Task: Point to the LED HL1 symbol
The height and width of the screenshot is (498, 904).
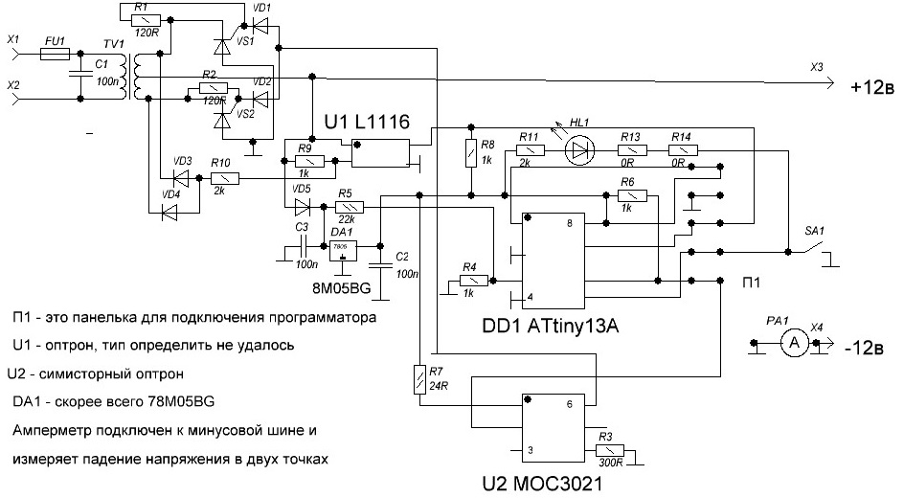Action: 579,150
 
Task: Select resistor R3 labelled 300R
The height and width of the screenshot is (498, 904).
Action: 609,450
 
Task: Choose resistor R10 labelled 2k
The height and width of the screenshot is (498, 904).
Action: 222,179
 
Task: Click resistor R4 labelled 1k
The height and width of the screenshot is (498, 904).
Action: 471,281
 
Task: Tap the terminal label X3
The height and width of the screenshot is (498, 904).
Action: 816,67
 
